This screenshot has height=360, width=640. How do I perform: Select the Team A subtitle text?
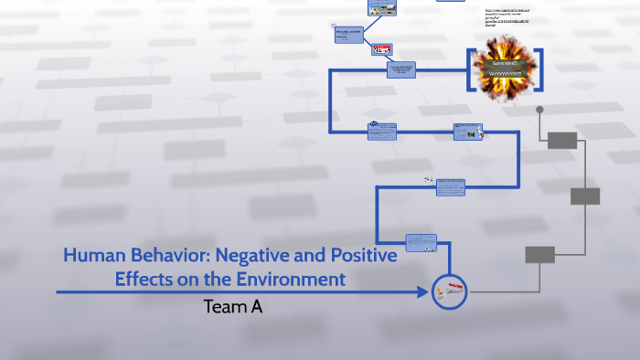tap(233, 307)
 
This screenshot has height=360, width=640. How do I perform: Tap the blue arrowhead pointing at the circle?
tap(422, 292)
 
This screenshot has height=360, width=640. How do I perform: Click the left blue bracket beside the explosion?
tap(471, 70)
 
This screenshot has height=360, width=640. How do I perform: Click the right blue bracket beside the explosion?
tap(540, 70)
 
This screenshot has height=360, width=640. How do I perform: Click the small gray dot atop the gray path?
tap(539, 110)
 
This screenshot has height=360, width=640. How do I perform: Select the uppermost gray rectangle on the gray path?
tap(562, 140)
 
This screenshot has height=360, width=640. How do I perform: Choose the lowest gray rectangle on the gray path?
tap(539, 254)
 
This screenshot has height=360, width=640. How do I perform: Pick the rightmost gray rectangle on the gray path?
tap(585, 196)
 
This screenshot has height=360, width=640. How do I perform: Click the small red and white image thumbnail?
tap(381, 51)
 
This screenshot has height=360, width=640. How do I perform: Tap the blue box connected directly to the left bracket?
tap(402, 69)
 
